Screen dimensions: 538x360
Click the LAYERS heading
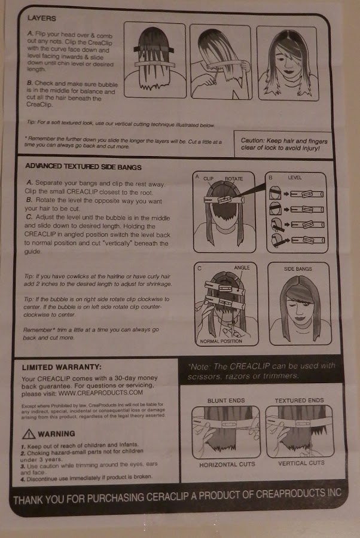[40, 19]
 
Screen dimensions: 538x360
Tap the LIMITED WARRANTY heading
[62, 367]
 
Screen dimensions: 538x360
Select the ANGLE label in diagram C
[242, 267]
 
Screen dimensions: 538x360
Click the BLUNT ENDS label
[223, 400]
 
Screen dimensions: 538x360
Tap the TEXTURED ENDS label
[299, 400]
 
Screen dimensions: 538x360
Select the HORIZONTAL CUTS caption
[227, 464]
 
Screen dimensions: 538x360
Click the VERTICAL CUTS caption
[301, 463]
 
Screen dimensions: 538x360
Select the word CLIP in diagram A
[208, 178]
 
